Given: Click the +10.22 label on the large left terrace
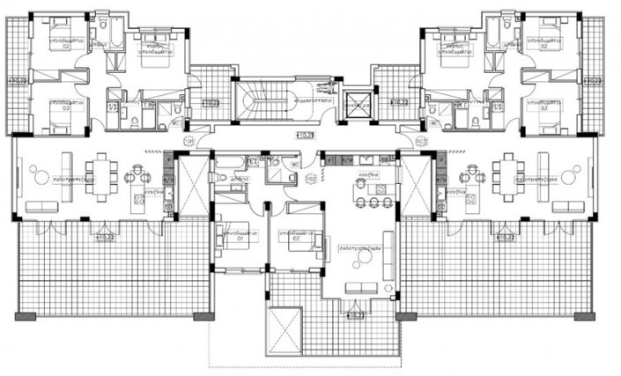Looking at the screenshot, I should (107, 236).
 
